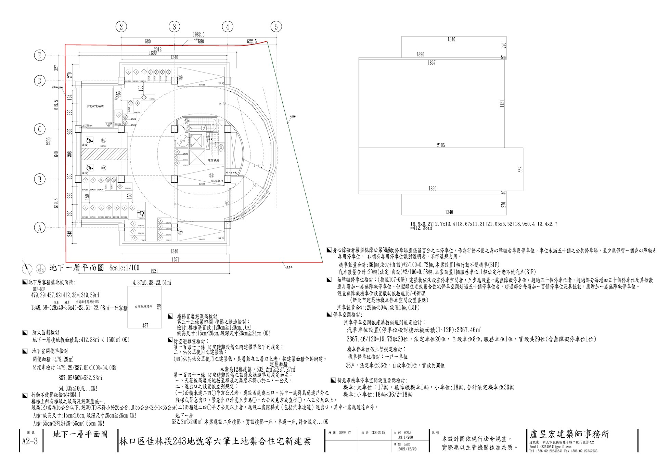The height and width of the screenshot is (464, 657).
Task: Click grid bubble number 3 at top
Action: pyautogui.click(x=174, y=26)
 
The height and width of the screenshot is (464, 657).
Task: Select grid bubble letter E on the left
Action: pyautogui.click(x=40, y=55)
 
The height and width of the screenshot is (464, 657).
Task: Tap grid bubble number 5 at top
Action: pyautogui.click(x=276, y=26)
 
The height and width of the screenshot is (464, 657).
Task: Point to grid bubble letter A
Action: pyautogui.click(x=40, y=227)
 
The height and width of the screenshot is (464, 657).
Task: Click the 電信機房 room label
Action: pyautogui.click(x=213, y=160)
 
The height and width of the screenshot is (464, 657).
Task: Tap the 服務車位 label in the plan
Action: pyautogui.click(x=217, y=180)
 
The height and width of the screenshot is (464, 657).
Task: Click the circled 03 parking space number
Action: pyautogui.click(x=104, y=140)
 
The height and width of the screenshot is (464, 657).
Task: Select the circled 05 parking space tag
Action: pyautogui.click(x=180, y=78)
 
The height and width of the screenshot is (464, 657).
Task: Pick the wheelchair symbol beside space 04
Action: pyautogui.click(x=90, y=168)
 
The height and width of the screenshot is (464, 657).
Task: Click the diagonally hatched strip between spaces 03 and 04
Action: pyautogui.click(x=103, y=154)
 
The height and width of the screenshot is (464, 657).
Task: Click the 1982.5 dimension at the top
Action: pyautogui.click(x=198, y=35)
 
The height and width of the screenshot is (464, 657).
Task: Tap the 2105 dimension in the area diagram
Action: pyautogui.click(x=441, y=145)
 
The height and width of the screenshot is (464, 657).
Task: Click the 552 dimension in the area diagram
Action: pyautogui.click(x=520, y=169)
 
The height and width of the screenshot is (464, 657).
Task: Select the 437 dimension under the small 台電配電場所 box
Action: pyautogui.click(x=145, y=325)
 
